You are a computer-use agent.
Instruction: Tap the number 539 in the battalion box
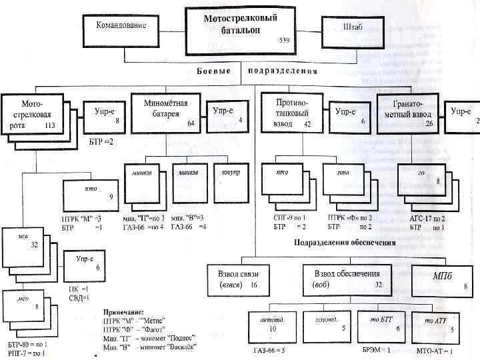pos(284,41)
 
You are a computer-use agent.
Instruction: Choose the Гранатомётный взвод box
pos(407,113)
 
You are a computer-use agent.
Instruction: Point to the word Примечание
pos(124,311)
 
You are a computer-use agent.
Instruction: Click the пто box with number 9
pos(91,194)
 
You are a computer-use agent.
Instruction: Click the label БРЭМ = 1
pos(377,350)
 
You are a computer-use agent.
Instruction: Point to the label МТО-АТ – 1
pos(434,351)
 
